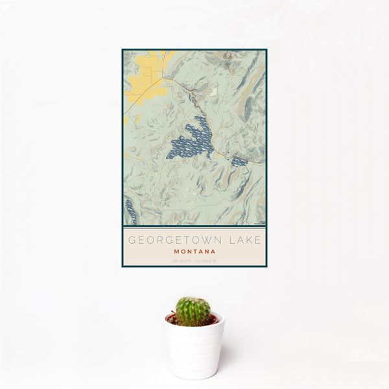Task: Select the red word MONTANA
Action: (194, 251)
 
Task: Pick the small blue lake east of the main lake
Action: (239, 161)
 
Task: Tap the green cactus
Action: (193, 311)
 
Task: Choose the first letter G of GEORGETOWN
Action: (132, 240)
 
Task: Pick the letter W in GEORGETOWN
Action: (209, 240)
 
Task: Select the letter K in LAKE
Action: (250, 240)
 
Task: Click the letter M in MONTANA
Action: (176, 251)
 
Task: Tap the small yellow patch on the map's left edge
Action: (125, 120)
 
